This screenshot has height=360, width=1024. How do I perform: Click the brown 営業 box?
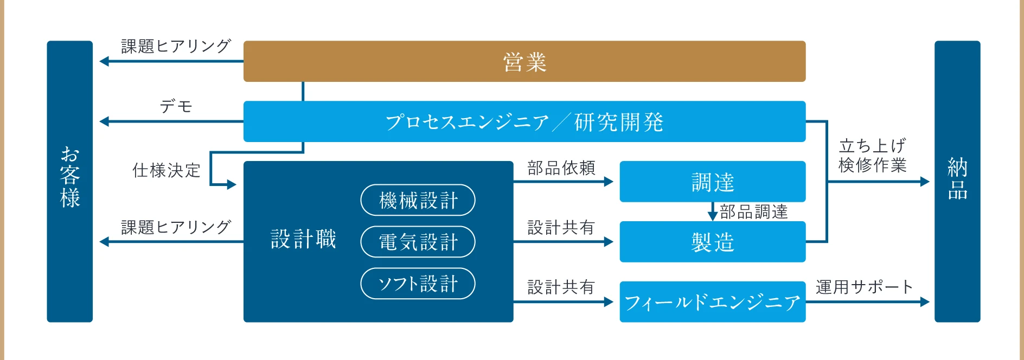pos(524,61)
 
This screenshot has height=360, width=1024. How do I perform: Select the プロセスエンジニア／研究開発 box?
pos(524,121)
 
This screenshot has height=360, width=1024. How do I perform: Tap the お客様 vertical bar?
pos(69,181)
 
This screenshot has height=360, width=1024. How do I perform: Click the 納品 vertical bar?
pos(957,181)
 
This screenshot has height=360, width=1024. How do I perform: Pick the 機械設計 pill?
pos(418,200)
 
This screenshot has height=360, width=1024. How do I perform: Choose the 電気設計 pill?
pos(418,242)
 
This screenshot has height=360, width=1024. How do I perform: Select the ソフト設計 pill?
pos(418,283)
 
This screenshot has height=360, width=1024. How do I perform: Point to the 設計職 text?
pos(303,239)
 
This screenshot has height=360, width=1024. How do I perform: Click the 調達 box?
pos(712,182)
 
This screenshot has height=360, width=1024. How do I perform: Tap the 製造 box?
pos(712,242)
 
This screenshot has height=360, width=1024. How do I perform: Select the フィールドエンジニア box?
pos(712,302)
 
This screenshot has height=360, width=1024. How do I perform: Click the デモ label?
pos(176,106)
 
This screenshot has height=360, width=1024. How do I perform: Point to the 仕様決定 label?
pos(167,170)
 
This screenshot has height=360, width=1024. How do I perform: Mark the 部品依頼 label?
pos(561,168)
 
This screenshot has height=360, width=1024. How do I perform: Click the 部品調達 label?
pos(753,211)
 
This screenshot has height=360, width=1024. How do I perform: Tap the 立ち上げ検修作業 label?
pos(872,155)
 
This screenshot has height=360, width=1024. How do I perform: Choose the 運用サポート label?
pos(864,287)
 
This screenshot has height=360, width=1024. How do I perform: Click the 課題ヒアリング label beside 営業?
pos(176,46)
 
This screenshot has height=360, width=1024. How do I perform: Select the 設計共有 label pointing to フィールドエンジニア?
pos(561,287)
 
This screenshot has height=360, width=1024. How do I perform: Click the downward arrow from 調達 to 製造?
pos(713,211)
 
